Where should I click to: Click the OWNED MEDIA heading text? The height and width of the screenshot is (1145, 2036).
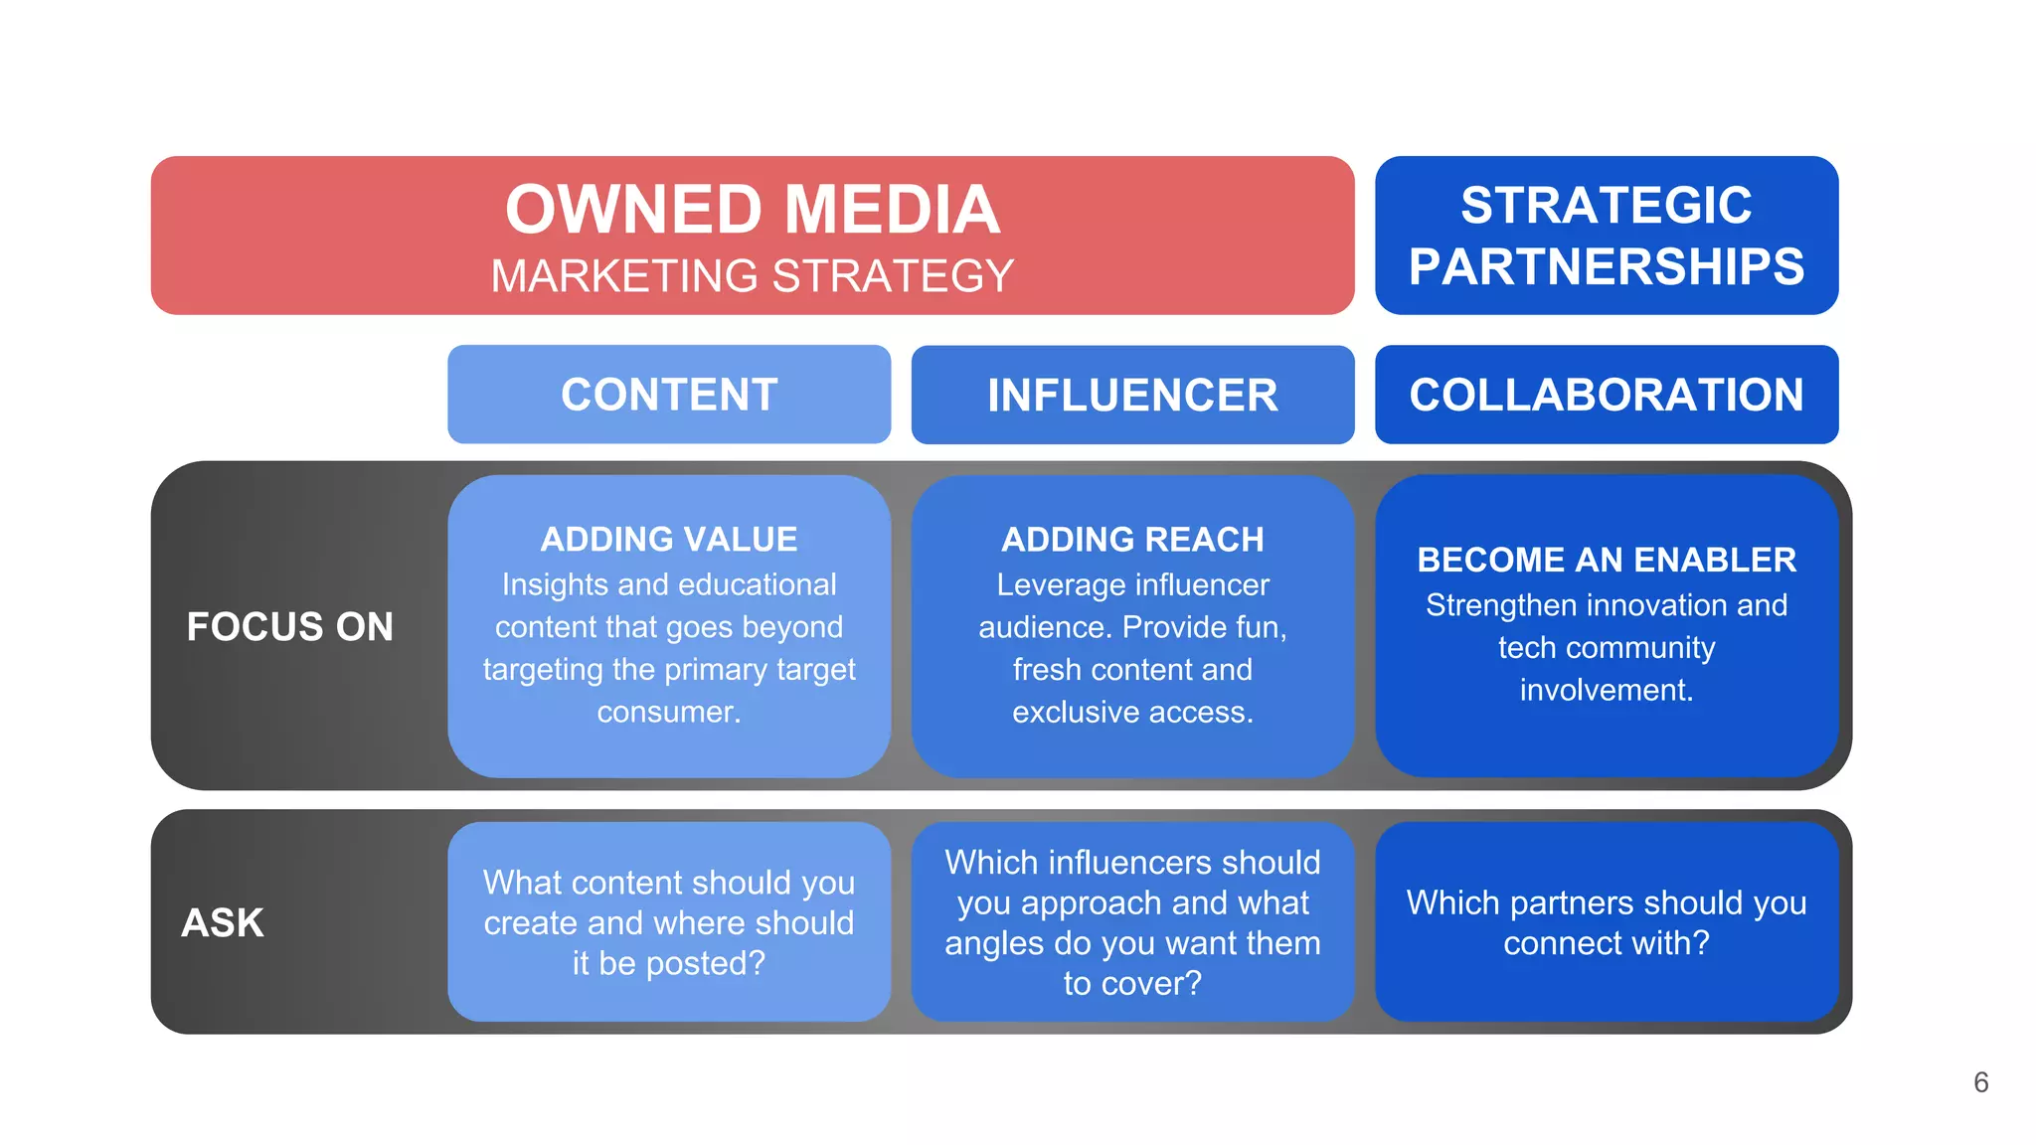[753, 210]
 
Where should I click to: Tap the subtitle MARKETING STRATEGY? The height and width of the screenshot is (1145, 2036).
[753, 276]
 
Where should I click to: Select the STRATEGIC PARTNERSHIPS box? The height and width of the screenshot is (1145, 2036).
[1606, 236]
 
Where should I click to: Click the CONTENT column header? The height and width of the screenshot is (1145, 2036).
[669, 395]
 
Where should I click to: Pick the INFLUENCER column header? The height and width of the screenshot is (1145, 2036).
[1132, 395]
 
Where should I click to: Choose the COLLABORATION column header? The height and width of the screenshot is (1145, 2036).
[1606, 395]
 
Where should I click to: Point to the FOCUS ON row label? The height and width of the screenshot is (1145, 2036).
[289, 626]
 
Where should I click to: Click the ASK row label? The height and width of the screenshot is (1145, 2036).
[223, 922]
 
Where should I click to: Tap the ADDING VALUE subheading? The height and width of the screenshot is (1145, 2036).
[669, 539]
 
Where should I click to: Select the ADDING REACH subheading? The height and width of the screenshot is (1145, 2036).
[1132, 539]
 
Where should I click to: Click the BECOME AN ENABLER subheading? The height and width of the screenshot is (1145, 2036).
[1606, 560]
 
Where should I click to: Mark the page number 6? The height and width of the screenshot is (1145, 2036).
[1980, 1082]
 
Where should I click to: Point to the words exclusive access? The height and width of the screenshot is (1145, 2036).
[1132, 712]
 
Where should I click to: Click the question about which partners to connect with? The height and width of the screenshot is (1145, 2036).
[1606, 922]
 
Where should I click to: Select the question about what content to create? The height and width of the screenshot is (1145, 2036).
[669, 922]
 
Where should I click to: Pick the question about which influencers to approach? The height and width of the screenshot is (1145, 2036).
[1132, 902]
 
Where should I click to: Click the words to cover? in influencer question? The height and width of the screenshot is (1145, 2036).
[1132, 983]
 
